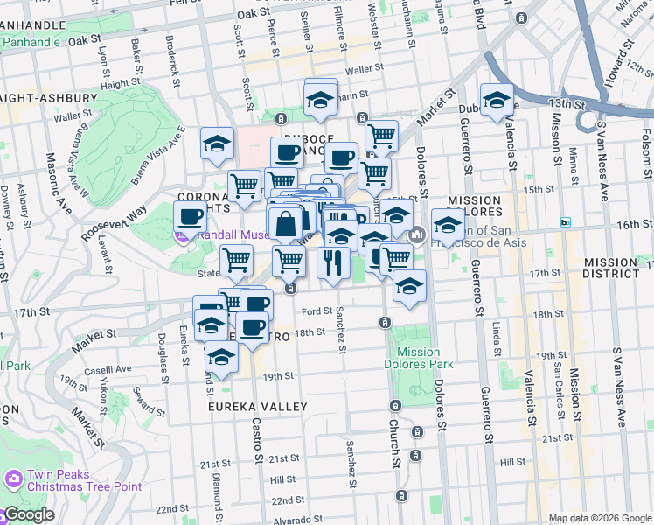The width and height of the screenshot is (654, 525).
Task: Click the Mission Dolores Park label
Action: pyautogui.click(x=418, y=358)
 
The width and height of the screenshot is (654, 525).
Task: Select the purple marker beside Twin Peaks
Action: pyautogui.click(x=12, y=479)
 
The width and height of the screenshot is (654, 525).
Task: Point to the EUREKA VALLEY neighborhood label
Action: pyautogui.click(x=257, y=407)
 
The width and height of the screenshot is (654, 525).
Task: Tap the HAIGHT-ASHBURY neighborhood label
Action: pyautogui.click(x=48, y=98)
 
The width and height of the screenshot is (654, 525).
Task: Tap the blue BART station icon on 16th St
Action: pyautogui.click(x=566, y=221)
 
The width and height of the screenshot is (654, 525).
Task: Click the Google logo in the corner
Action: pyautogui.click(x=28, y=515)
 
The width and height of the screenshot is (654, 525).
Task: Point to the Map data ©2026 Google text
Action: pyautogui.click(x=600, y=518)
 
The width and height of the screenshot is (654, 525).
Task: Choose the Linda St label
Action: pyautogui.click(x=496, y=332)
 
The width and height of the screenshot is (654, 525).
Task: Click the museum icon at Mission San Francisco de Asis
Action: pyautogui.click(x=418, y=234)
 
